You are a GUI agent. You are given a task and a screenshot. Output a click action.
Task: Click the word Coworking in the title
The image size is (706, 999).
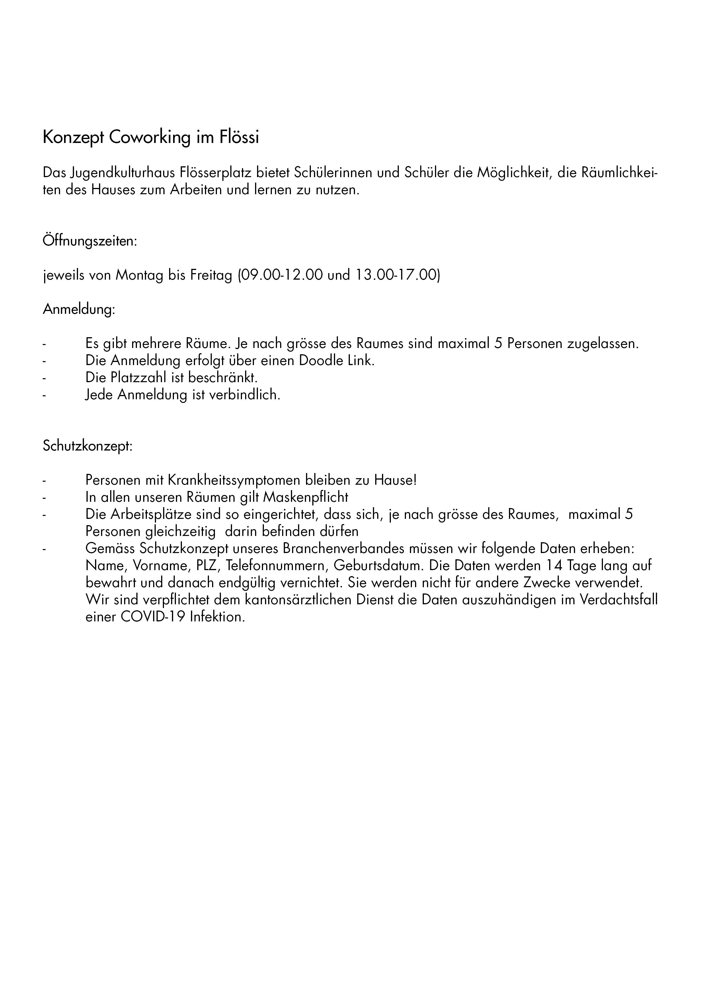coord(150,138)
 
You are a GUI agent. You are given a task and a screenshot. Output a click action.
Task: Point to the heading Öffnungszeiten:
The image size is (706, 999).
coord(90,241)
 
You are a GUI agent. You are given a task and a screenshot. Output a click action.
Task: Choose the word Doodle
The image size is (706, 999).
coord(320,361)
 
